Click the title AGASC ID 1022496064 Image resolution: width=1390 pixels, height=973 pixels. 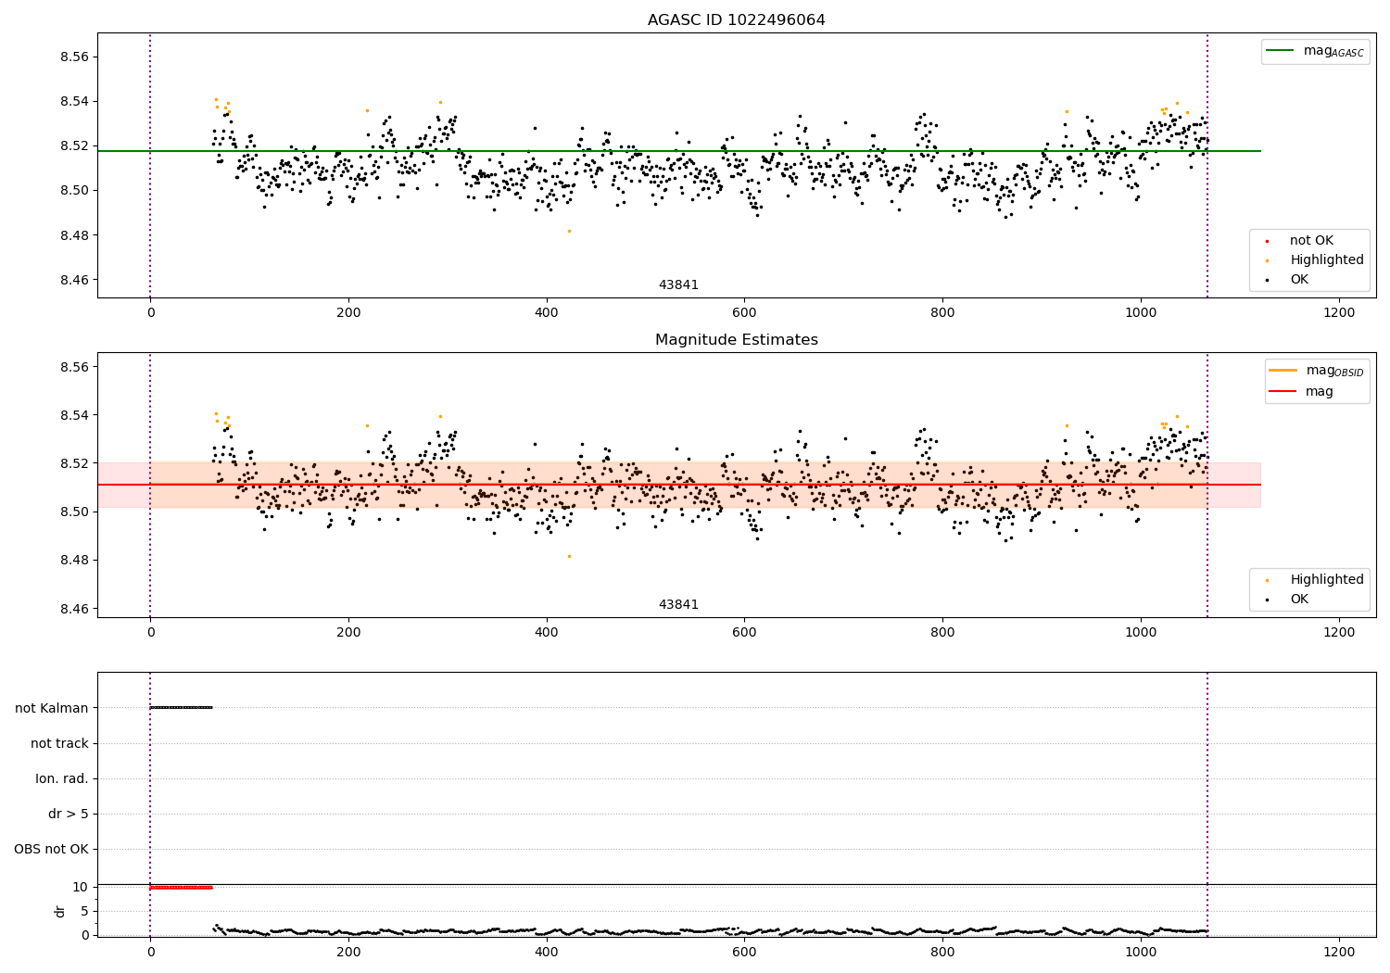736,20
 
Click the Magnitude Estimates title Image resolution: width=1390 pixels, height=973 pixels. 736,340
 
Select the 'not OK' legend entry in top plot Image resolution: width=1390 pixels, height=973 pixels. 1310,241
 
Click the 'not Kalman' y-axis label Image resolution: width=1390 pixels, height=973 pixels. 51,708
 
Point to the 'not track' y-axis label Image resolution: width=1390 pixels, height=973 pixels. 59,743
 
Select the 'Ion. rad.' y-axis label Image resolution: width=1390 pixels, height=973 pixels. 61,778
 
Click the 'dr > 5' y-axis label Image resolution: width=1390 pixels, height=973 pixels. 68,814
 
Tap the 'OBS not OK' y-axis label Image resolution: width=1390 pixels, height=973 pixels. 51,849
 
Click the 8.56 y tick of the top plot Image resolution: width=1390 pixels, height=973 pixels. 73,57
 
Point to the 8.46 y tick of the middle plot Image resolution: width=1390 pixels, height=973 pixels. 73,609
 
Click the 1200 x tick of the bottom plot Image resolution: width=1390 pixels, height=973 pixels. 1338,952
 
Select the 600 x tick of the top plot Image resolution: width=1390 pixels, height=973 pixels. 744,313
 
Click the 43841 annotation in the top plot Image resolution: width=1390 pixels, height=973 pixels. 678,285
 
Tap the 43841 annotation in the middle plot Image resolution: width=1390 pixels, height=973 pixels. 678,605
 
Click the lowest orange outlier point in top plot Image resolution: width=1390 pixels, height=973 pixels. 569,231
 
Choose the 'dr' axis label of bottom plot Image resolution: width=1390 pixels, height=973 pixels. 60,911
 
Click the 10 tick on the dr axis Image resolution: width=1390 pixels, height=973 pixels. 80,887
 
